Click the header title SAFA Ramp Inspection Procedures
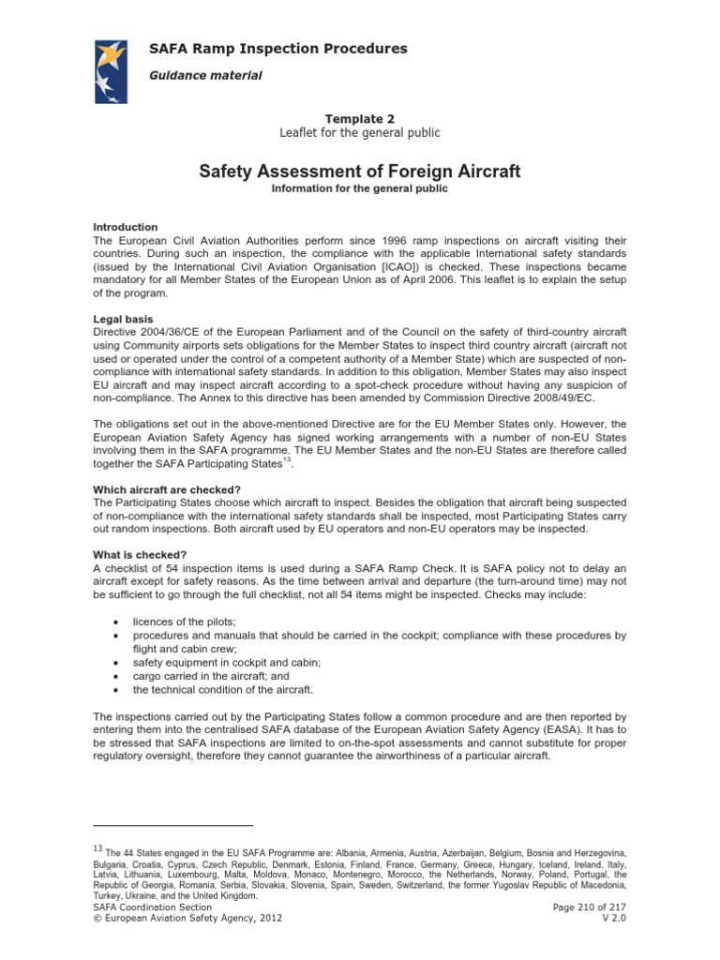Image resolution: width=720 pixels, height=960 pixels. click(278, 48)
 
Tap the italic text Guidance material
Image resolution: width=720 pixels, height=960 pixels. click(205, 75)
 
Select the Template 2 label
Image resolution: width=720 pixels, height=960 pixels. click(359, 118)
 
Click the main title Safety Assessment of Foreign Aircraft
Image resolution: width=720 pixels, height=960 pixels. click(360, 172)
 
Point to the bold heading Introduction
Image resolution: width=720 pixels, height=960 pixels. click(125, 227)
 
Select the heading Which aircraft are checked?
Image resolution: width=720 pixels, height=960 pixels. click(167, 489)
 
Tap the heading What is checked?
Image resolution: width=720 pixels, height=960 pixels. click(139, 555)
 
